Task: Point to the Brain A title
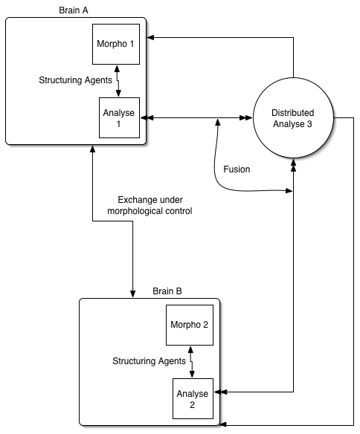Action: pyautogui.click(x=74, y=10)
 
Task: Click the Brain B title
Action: pyautogui.click(x=167, y=291)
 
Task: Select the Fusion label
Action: pyautogui.click(x=237, y=169)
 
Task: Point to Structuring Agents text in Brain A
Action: pyautogui.click(x=75, y=80)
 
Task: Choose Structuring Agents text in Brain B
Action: pyautogui.click(x=149, y=361)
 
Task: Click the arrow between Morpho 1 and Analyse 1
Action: pyautogui.click(x=118, y=81)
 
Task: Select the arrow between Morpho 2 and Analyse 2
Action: pyautogui.click(x=191, y=362)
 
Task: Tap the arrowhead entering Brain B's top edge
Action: pyautogui.click(x=132, y=294)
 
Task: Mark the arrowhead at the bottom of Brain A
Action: pyautogui.click(x=92, y=149)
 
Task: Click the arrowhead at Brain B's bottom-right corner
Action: pyautogui.click(x=224, y=424)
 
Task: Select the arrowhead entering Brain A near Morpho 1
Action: pyautogui.click(x=150, y=37)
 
